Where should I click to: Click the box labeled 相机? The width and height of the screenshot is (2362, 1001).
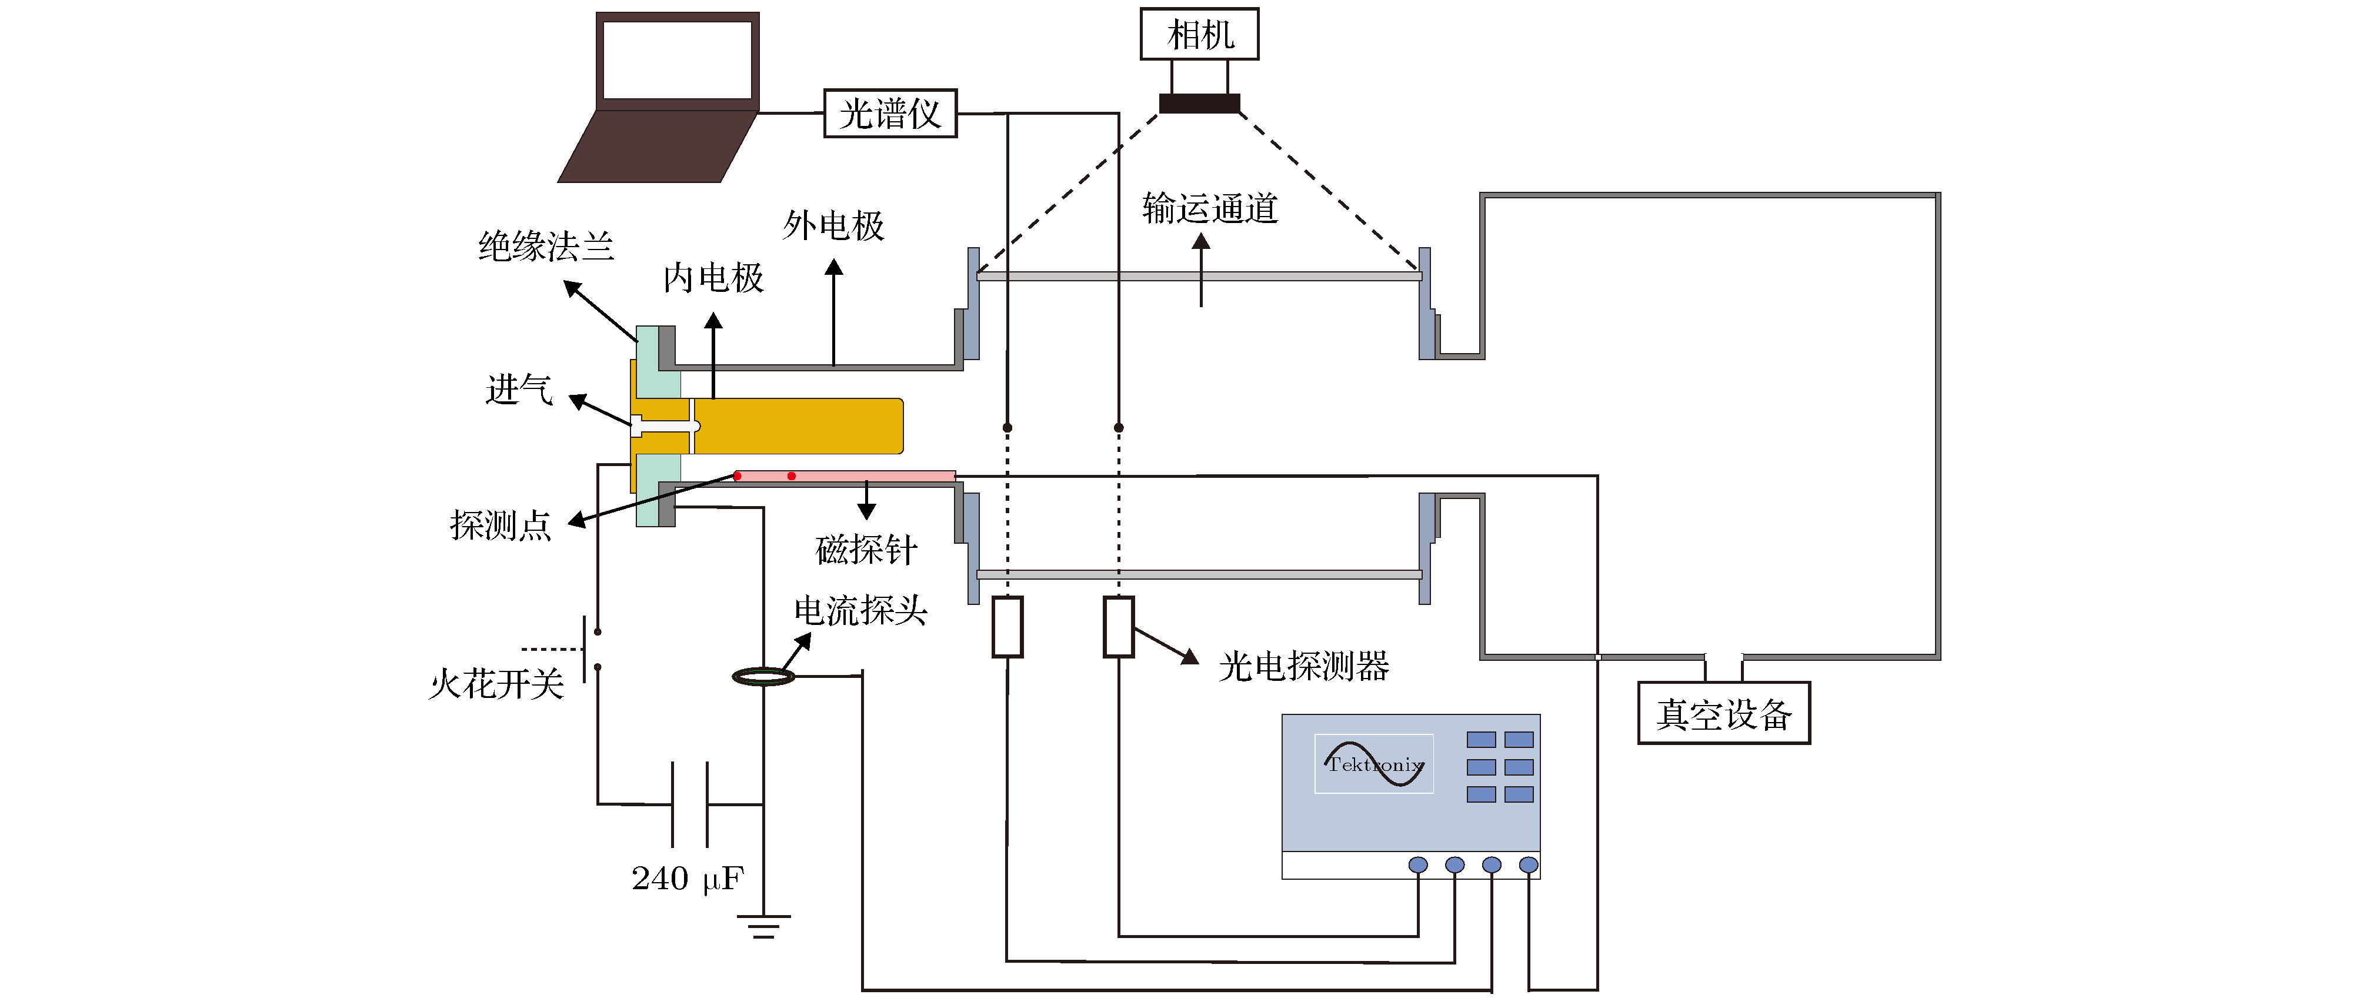click(1199, 35)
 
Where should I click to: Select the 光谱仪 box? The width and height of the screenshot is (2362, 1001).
click(889, 114)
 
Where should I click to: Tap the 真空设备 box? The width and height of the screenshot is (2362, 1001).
click(1723, 714)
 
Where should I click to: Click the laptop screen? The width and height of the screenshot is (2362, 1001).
click(678, 59)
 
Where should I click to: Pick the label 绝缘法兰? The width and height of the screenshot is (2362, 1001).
click(546, 247)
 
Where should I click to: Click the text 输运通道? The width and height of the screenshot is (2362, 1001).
click(1209, 209)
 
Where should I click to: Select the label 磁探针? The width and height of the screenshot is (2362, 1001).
click(866, 550)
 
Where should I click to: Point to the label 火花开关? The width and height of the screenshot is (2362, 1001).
click(495, 684)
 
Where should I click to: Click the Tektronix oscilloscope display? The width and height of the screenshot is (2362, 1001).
click(1373, 763)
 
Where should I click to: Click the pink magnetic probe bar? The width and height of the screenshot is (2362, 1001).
click(843, 476)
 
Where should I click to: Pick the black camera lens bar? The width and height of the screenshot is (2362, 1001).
click(1199, 104)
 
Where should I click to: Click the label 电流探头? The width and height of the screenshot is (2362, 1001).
click(860, 611)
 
